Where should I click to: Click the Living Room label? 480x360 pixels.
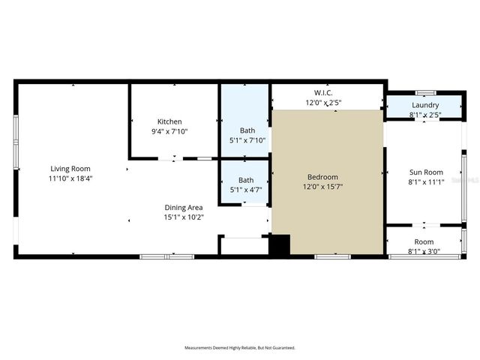(x=70, y=168)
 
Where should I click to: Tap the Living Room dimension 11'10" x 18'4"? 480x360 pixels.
(x=70, y=178)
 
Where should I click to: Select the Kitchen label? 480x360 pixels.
(x=169, y=121)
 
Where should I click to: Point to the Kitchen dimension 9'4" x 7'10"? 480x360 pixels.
(x=169, y=131)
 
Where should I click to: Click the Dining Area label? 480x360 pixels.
(x=184, y=207)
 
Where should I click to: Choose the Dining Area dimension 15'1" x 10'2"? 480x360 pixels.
(x=184, y=217)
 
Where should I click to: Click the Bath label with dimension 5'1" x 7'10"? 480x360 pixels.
(x=246, y=130)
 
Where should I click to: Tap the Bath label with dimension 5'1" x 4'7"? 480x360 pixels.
(x=246, y=180)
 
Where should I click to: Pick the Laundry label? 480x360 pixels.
(x=424, y=105)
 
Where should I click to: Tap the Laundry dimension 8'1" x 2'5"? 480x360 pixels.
(x=424, y=115)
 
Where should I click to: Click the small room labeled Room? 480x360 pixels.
(x=424, y=241)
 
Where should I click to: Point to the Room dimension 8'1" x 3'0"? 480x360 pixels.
(x=424, y=251)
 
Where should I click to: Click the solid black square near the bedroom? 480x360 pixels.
(x=279, y=246)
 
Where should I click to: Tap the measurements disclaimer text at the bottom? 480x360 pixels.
(x=240, y=348)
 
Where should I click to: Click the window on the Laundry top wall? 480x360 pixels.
(x=426, y=93)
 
